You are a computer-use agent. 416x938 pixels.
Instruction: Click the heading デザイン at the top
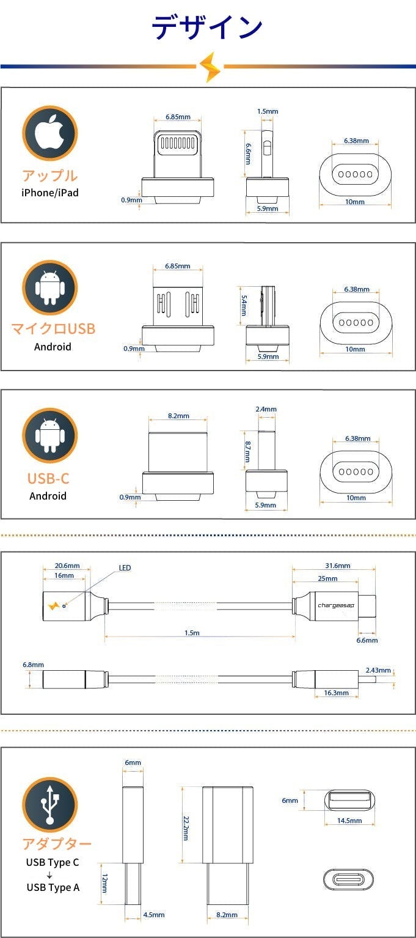(x=207, y=28)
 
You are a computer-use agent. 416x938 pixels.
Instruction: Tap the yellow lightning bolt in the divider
(x=210, y=67)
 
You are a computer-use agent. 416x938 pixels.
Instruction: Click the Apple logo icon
(x=49, y=133)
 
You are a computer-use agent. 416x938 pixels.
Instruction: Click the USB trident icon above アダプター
(x=49, y=805)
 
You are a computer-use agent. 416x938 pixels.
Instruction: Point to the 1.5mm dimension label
(x=268, y=111)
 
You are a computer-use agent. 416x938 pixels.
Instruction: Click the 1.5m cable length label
(x=192, y=633)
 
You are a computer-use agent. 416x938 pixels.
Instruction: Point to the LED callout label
(x=125, y=568)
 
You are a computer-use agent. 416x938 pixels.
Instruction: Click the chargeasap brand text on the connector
(x=335, y=605)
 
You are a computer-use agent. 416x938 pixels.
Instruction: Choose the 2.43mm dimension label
(x=378, y=670)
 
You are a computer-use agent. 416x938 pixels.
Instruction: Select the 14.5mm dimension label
(x=349, y=821)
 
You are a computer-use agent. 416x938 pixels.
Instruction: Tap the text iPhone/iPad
(x=50, y=193)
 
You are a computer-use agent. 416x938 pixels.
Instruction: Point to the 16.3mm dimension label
(x=337, y=693)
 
